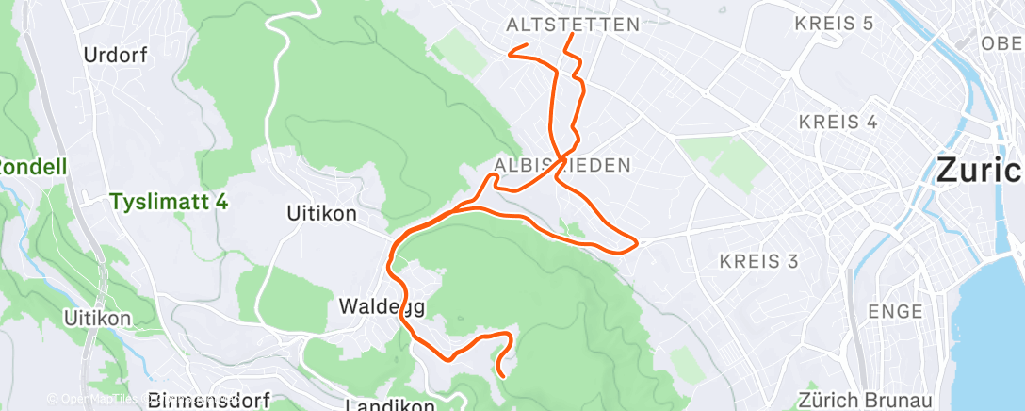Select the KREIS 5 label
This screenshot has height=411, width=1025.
(x=834, y=24)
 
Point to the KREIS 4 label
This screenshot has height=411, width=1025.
(x=838, y=123)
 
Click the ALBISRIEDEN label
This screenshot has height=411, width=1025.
(x=570, y=165)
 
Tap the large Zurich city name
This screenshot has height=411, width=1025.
(x=980, y=171)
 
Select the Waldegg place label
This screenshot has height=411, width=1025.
(x=382, y=307)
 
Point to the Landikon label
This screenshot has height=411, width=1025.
(x=389, y=404)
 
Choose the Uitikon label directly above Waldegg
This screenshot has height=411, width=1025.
(x=320, y=214)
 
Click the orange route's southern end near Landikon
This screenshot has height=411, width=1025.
(x=501, y=376)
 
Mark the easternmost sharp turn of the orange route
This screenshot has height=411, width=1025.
(x=639, y=243)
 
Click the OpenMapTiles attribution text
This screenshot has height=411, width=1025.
(x=89, y=399)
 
